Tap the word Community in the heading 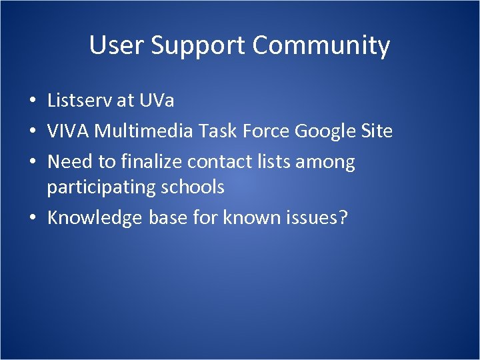point(321,45)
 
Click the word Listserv point(80,101)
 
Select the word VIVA point(68,131)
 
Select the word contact point(215,161)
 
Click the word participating point(101,187)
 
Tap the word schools point(192,187)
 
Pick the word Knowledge point(95,218)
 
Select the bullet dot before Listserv point(32,101)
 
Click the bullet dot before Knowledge point(32,218)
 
